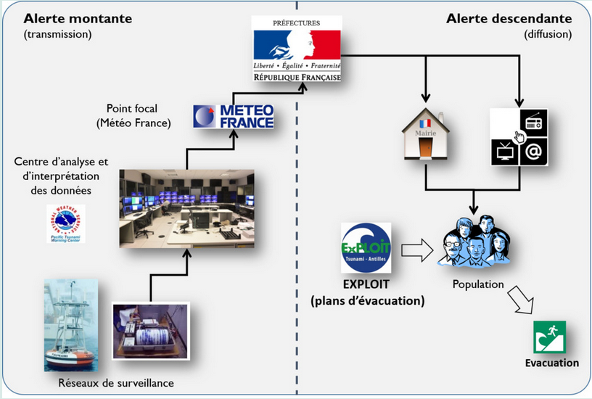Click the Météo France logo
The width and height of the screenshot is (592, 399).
coord(234,116)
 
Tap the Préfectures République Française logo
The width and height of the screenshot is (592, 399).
coord(296,49)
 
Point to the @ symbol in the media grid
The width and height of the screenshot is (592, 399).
coord(534,151)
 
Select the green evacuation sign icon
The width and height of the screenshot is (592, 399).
coord(549,337)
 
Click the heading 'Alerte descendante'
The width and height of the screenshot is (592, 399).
coord(509,19)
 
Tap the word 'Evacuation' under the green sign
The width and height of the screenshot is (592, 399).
coord(552,363)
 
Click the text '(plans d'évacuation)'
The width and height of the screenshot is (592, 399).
coord(367,300)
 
